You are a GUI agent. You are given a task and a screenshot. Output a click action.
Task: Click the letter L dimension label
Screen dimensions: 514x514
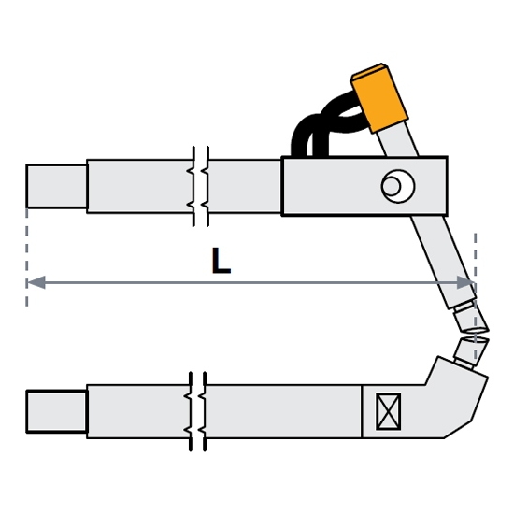[x=221, y=261]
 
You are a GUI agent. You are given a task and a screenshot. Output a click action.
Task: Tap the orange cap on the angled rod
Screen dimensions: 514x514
[x=379, y=98]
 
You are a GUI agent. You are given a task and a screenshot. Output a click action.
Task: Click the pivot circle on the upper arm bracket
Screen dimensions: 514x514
[x=398, y=186]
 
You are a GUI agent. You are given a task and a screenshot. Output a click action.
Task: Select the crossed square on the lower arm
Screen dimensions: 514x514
[x=389, y=411]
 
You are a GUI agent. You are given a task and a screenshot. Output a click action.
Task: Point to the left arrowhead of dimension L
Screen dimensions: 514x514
[x=36, y=282]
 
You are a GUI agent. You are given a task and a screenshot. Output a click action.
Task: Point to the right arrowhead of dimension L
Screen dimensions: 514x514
[x=465, y=282]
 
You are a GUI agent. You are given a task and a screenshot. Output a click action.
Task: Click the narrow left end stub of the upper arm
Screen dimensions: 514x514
[x=56, y=186]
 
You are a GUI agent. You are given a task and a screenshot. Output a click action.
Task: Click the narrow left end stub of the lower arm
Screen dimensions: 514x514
[x=56, y=411]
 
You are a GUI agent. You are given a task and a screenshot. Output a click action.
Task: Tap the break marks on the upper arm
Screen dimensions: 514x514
[x=201, y=186]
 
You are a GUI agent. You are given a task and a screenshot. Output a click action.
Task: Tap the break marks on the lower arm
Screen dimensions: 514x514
[x=198, y=411]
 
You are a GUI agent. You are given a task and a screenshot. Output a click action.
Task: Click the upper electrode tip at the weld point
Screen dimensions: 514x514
[x=471, y=318]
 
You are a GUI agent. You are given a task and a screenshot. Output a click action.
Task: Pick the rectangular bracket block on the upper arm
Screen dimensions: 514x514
[x=364, y=186]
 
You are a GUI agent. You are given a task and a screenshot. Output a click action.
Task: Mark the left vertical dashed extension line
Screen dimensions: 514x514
[x=26, y=257]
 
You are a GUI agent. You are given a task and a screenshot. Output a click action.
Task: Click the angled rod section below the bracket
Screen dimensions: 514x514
[x=443, y=263]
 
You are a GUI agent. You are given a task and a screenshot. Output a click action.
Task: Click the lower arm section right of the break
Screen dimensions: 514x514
[x=283, y=411]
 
